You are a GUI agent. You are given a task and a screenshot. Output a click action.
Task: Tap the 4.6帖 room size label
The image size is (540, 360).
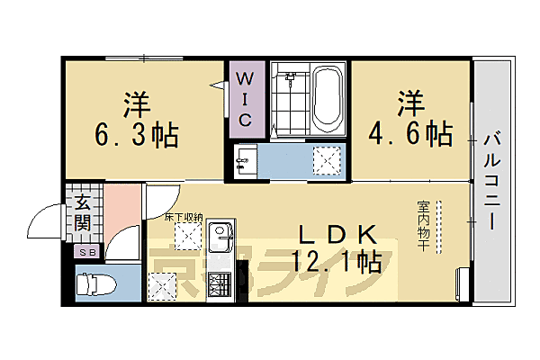point(410,133)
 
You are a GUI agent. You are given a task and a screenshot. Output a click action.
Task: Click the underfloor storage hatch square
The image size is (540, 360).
point(188,238)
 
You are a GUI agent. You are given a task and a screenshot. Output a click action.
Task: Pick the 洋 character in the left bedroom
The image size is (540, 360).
point(135,100)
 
